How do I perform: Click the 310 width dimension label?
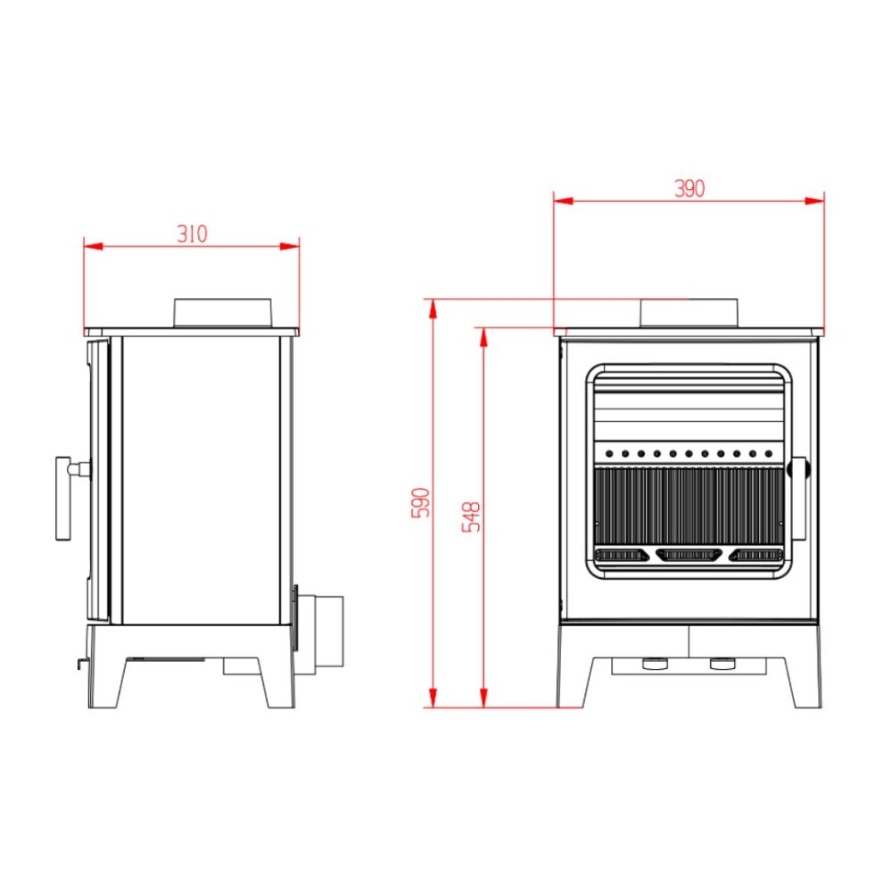click(x=192, y=234)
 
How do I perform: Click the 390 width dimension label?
click(x=689, y=188)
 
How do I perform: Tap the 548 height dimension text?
click(x=472, y=517)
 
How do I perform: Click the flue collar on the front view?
click(x=689, y=312)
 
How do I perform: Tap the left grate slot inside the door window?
click(x=622, y=556)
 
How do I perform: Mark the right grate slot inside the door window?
click(x=755, y=556)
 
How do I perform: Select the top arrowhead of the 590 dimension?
click(x=433, y=306)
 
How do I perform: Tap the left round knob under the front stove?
click(x=654, y=664)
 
